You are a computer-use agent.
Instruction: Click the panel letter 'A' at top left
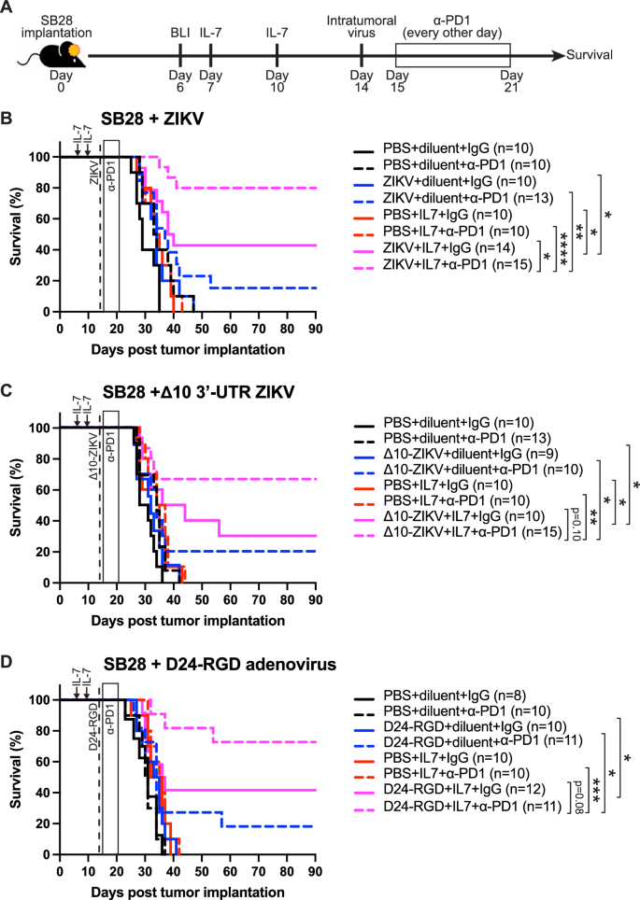pos(8,8)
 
